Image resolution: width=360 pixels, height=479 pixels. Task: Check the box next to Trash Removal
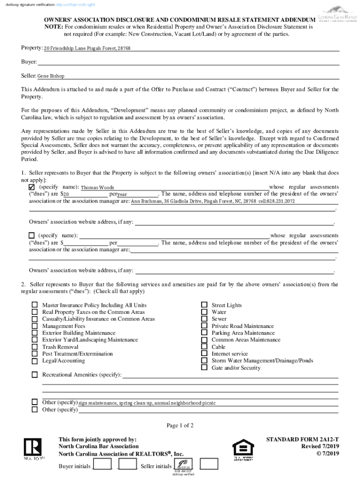35,347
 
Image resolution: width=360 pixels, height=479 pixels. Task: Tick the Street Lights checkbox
204,305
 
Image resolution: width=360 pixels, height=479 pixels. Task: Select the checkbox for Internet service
204,354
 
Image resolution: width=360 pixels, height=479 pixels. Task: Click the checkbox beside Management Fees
35,326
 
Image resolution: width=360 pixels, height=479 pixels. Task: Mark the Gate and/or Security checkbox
204,368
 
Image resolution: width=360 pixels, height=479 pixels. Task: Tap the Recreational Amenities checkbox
35,375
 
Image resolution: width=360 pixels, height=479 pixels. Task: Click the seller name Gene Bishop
51,76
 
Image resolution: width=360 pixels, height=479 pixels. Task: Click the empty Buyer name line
187,62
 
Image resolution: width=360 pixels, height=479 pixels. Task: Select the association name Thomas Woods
97,188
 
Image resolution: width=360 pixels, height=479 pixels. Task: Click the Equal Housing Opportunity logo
243,450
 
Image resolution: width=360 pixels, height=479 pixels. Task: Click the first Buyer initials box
102,464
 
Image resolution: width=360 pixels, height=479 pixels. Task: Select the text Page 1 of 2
180,425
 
